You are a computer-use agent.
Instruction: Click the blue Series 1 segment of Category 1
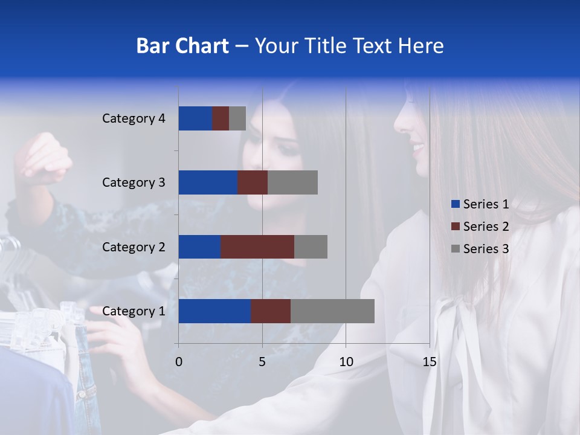tap(214, 311)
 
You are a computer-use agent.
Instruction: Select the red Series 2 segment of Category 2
tap(257, 246)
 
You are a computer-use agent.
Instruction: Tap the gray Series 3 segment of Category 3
tap(292, 182)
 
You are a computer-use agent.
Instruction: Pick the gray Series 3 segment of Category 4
tap(237, 118)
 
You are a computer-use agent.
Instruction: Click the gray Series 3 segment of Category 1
tap(332, 311)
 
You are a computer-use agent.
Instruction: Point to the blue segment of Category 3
tap(208, 182)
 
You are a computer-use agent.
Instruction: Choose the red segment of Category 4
tap(221, 118)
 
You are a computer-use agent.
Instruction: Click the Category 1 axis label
tap(134, 311)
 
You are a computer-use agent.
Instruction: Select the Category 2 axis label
tap(134, 246)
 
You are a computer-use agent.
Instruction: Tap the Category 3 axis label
tap(134, 182)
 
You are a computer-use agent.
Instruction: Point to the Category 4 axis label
tap(134, 118)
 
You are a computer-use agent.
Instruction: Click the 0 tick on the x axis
tap(179, 362)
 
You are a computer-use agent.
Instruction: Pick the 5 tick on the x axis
tap(262, 362)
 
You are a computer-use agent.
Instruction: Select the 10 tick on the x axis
tap(346, 362)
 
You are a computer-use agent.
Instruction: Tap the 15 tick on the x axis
tap(429, 362)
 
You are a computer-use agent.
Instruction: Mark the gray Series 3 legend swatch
tap(456, 249)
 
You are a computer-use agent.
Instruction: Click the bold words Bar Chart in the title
tap(182, 46)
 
